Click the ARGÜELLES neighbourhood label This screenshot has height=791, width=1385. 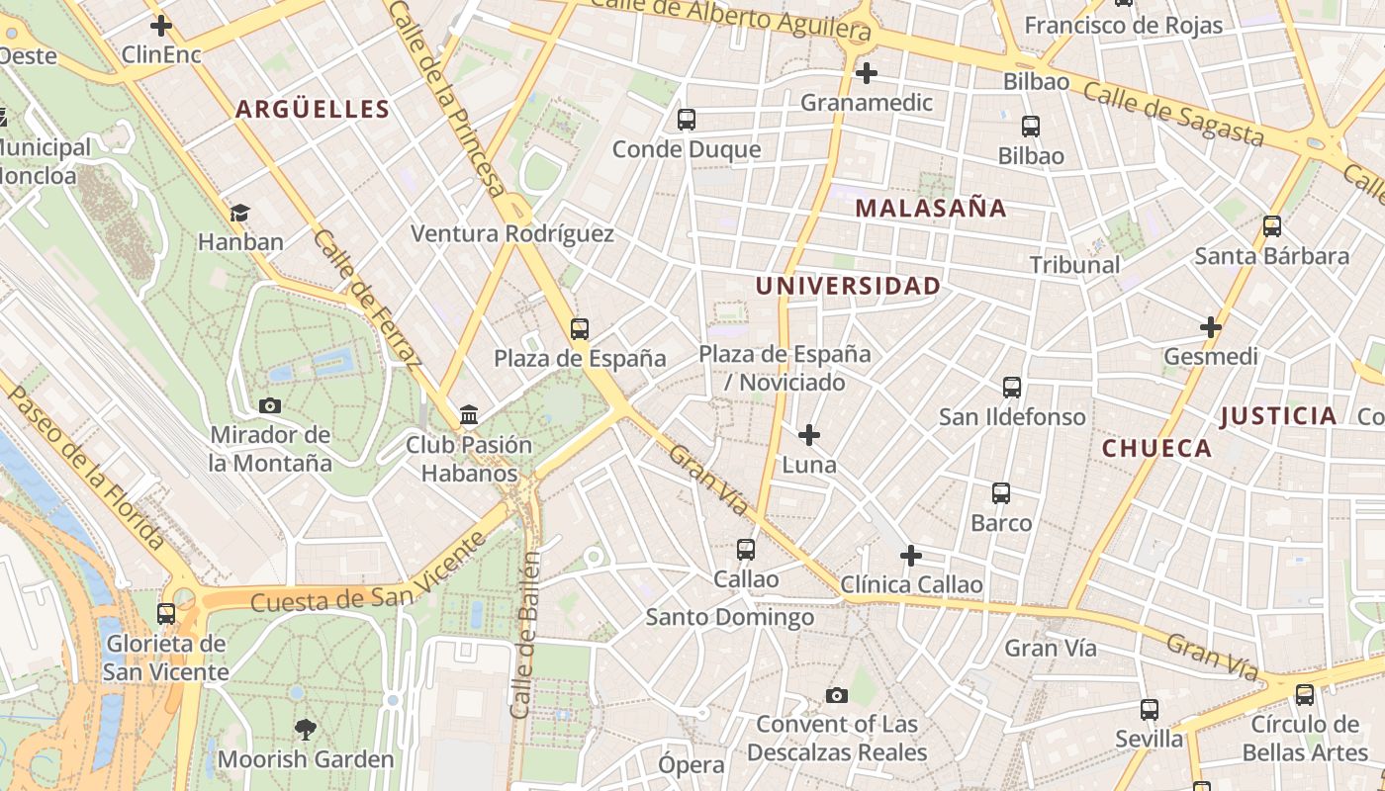coord(312,109)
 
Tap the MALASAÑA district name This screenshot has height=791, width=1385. coord(930,208)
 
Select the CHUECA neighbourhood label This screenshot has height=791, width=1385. coord(1156,448)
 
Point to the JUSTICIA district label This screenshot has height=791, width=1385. coord(1278,416)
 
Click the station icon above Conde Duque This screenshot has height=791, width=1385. coord(686,120)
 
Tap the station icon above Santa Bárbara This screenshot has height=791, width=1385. coord(1272,226)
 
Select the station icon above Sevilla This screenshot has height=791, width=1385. coord(1149,709)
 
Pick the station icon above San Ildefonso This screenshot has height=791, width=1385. coord(1011,387)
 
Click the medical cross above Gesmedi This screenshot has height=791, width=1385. coord(1210,326)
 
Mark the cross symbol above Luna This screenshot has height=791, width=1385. coord(809,434)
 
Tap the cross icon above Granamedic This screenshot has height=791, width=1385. coord(867,72)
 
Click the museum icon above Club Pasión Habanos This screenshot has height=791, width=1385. coord(469,414)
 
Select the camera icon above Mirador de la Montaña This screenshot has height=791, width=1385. coord(269,405)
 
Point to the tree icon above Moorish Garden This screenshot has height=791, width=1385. coord(306,730)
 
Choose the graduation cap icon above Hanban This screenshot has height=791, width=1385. coord(239,213)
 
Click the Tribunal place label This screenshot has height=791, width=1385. coord(1074,265)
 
